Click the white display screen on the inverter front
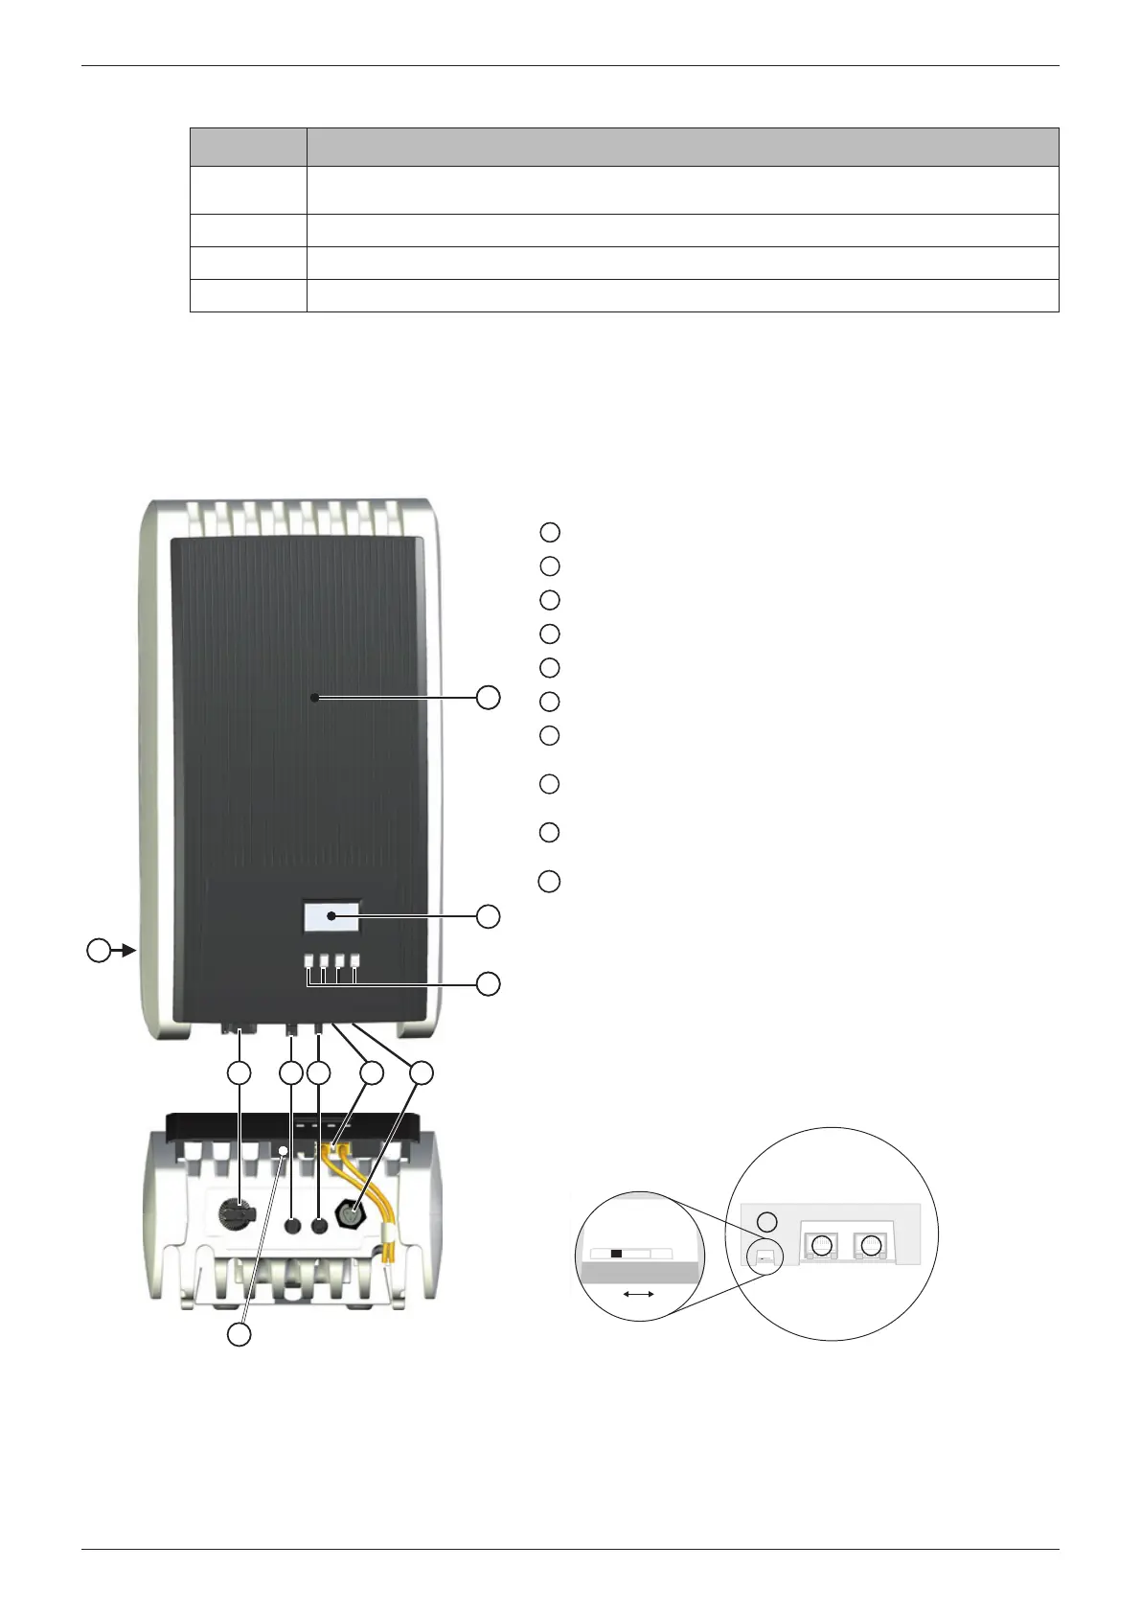pyautogui.click(x=331, y=916)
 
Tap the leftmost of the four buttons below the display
pyautogui.click(x=309, y=959)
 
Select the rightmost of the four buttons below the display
pyautogui.click(x=355, y=959)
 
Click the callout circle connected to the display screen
pyautogui.click(x=489, y=916)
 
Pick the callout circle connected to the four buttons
pyautogui.click(x=489, y=984)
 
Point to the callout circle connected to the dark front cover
pyautogui.click(x=489, y=697)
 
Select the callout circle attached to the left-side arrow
pyautogui.click(x=98, y=952)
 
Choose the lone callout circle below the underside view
pyautogui.click(x=240, y=1334)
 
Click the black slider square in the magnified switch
pyautogui.click(x=616, y=1253)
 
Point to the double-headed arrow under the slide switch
pyautogui.click(x=638, y=1294)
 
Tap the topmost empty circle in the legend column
pyautogui.click(x=549, y=532)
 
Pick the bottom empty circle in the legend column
pyautogui.click(x=549, y=881)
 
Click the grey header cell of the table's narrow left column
pyautogui.click(x=248, y=147)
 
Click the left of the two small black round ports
pyautogui.click(x=292, y=1226)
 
